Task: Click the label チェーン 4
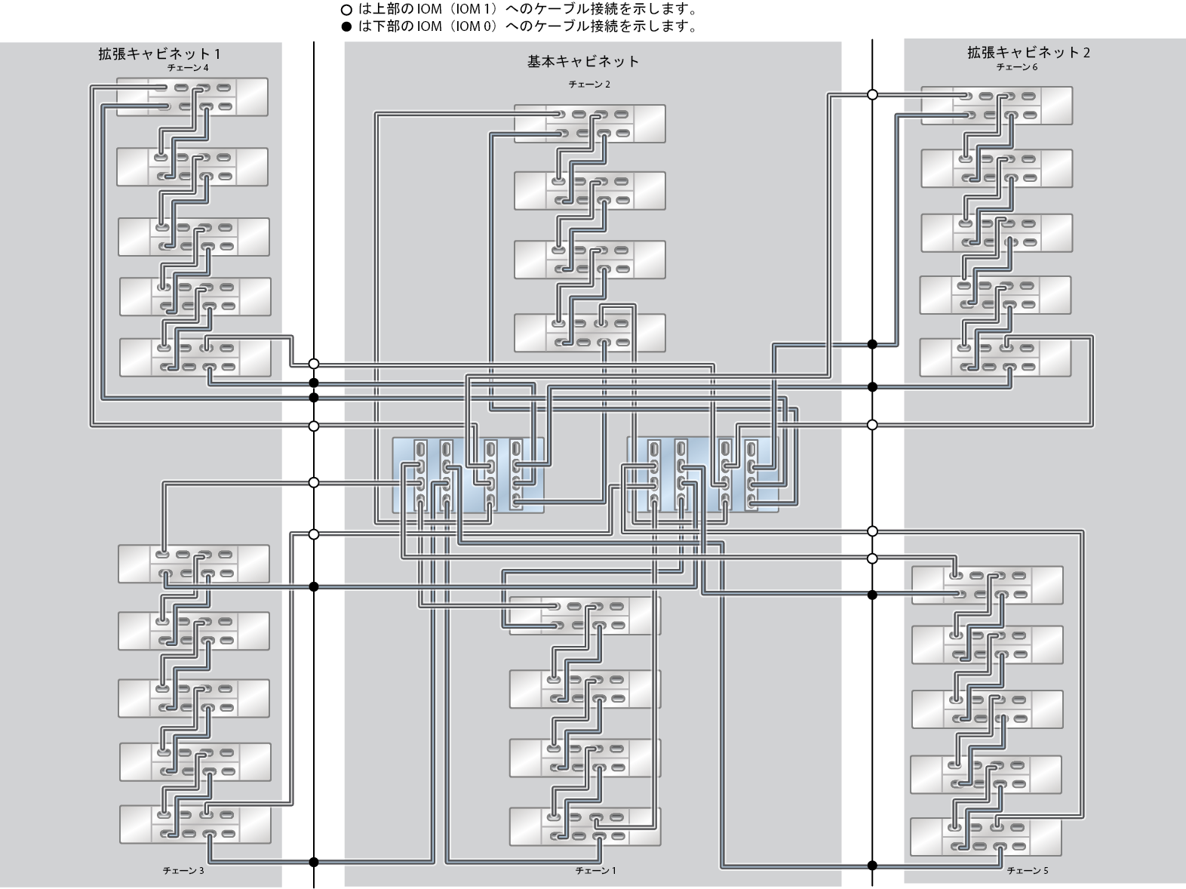[x=188, y=68]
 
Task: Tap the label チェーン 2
[x=589, y=85]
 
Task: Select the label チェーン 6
[x=1017, y=67]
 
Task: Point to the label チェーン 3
[x=183, y=871]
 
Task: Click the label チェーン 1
[x=595, y=871]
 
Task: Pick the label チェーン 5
[x=1028, y=871]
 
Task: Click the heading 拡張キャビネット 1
[x=159, y=54]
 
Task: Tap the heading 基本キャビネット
[x=583, y=61]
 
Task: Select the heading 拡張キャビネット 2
[x=1028, y=52]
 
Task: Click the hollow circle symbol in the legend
[x=346, y=10]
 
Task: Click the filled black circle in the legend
[x=346, y=26]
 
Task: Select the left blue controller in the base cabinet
[x=468, y=475]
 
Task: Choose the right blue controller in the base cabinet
[x=702, y=475]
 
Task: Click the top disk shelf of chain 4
[x=192, y=97]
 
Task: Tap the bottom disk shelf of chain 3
[x=195, y=825]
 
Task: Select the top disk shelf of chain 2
[x=589, y=124]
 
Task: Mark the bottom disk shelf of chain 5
[x=985, y=837]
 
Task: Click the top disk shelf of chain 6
[x=997, y=106]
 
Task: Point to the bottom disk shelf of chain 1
[x=585, y=826]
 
